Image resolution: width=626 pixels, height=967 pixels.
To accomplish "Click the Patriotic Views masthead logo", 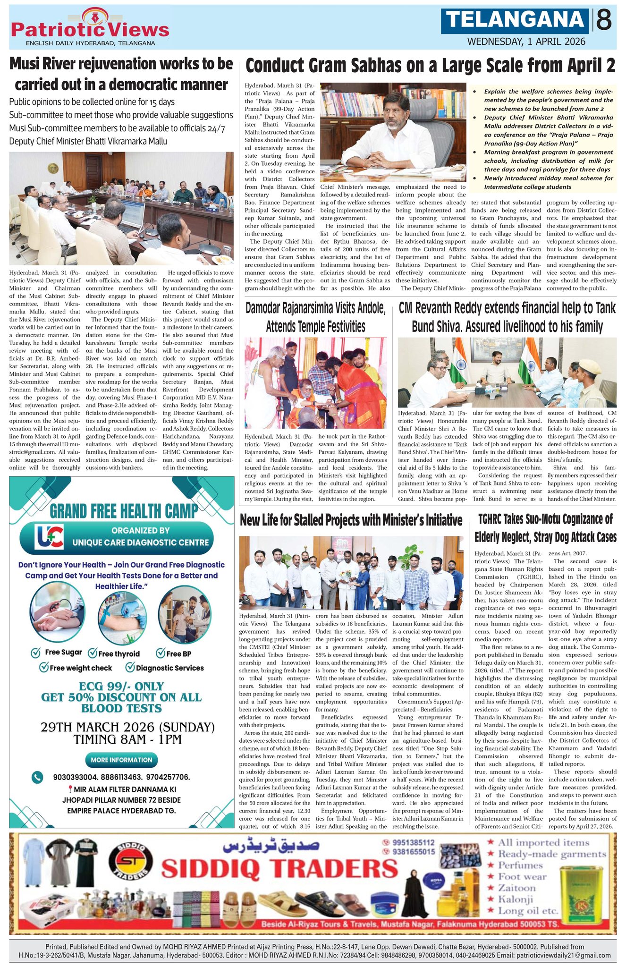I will (90, 27).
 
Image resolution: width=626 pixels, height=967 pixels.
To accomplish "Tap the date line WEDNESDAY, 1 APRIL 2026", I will (526, 42).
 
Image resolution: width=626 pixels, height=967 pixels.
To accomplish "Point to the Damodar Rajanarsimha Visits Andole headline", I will (315, 317).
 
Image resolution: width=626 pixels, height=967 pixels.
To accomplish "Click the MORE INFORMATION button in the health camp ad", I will (121, 760).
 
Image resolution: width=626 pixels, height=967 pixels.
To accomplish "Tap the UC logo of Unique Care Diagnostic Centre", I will (49, 537).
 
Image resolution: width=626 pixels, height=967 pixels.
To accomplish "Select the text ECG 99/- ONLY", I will (121, 686).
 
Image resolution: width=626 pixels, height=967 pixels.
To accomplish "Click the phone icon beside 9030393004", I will (37, 777).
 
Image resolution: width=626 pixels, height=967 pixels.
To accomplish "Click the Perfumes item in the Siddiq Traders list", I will (520, 865).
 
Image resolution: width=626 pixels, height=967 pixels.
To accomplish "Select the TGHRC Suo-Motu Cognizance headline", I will (545, 528).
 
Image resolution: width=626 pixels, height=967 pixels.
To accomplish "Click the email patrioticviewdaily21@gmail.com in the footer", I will (564, 955).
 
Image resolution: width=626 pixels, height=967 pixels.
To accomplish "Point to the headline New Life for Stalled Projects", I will (351, 520).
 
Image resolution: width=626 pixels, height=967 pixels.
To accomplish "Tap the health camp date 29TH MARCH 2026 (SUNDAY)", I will (127, 727).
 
